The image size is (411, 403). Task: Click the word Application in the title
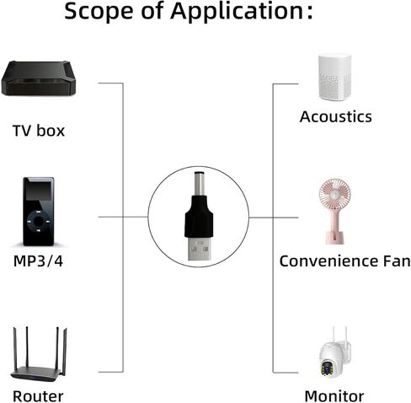[x=237, y=11]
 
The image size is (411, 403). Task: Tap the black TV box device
[x=39, y=78]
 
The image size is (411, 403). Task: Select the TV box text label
[x=39, y=131]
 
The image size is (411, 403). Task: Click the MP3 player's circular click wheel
[x=39, y=222]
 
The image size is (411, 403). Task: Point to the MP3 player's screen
[x=39, y=192]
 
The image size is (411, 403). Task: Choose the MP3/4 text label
[x=38, y=261]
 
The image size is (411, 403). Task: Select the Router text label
[x=38, y=396]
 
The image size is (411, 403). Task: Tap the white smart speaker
[x=335, y=78]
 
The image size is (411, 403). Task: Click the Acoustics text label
[x=335, y=116]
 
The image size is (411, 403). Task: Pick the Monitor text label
[x=334, y=396]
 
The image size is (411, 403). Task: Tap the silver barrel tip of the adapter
[x=199, y=184]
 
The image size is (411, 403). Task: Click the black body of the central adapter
[x=199, y=217]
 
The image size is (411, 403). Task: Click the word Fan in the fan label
[x=397, y=261]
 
